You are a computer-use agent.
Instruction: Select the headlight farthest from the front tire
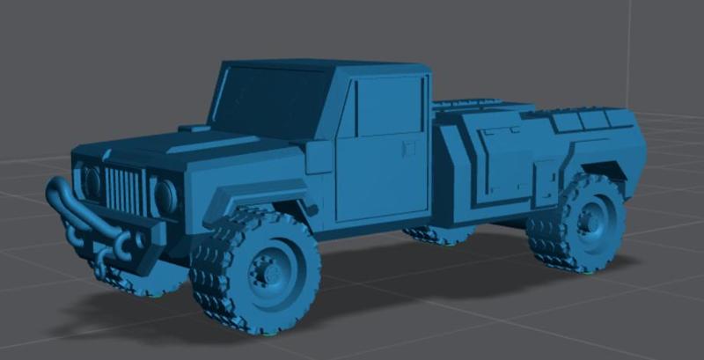coord(92,182)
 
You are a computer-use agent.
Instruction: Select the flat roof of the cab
coord(334,67)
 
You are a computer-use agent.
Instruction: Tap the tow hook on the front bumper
coord(136,240)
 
